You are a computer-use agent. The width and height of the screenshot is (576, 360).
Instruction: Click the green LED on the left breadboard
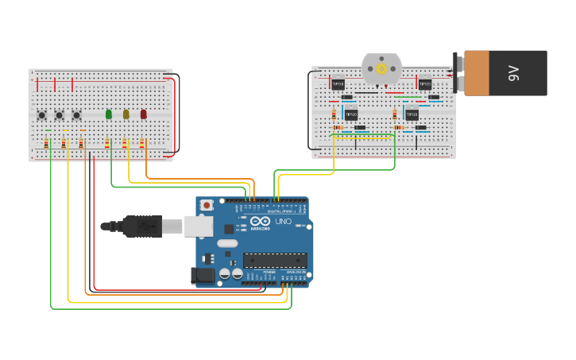109,114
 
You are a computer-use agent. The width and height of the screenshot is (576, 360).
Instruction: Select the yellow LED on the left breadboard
126,114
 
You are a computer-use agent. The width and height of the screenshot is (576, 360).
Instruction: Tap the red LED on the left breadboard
144,114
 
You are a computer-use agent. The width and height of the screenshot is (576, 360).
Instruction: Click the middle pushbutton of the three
59,115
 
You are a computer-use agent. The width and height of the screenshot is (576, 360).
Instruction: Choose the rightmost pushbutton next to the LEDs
76,115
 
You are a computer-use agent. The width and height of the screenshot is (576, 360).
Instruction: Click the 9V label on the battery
513,74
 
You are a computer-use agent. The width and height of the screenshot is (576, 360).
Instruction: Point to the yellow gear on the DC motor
382,69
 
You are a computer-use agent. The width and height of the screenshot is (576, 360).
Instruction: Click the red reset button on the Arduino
207,205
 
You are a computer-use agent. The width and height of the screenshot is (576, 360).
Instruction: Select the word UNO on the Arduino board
283,221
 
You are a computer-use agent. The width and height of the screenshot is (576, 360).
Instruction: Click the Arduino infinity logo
259,221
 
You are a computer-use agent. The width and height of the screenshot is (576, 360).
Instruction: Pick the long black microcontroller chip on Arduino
275,260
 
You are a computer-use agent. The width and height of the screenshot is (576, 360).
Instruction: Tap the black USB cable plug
143,226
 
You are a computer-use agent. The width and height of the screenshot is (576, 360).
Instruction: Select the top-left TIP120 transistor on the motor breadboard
338,83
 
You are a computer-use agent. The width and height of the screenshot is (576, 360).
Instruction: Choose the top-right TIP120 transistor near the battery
425,83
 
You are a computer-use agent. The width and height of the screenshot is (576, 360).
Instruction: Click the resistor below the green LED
107,144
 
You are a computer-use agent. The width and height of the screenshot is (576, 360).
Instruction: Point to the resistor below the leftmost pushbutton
46,144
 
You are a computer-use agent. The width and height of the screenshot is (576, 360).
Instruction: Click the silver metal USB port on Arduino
199,226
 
